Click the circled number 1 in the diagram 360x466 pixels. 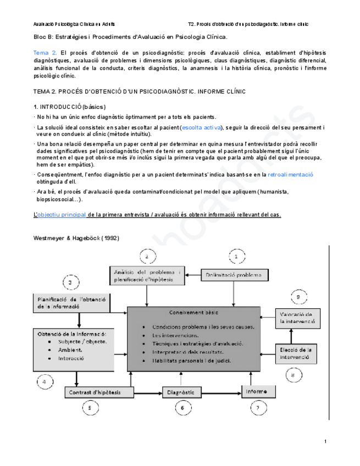[x=236, y=256]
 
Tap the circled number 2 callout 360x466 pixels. [x=147, y=256]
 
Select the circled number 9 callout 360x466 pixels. [x=297, y=297]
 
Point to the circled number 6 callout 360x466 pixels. [x=182, y=408]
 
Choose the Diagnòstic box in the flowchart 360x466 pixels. [x=179, y=392]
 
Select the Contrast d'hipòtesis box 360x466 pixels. [x=101, y=392]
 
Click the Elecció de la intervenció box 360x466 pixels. [x=296, y=353]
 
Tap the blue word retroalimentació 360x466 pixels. [x=290, y=174]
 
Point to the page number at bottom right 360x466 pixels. [x=325, y=441]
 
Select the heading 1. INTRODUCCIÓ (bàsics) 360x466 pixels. [x=70, y=107]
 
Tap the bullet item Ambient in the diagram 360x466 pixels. [x=70, y=349]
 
